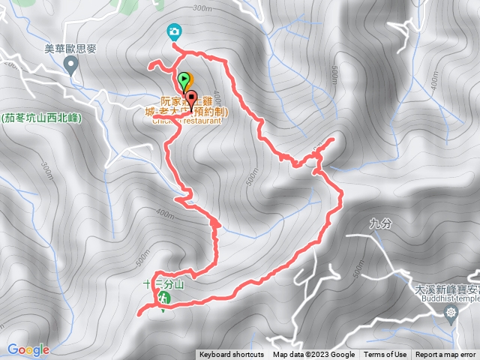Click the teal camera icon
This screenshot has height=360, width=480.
[x=174, y=31]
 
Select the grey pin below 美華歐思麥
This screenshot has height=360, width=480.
[x=71, y=66]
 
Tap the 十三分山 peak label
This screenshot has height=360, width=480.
[x=163, y=284]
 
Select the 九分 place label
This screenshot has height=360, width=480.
[x=381, y=222]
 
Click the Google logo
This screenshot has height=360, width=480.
[x=28, y=349]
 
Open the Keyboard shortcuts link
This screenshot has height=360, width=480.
[x=232, y=355]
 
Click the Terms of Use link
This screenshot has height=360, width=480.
[x=385, y=355]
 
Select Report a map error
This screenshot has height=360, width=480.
[x=446, y=355]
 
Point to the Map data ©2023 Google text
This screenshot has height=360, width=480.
[x=313, y=355]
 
